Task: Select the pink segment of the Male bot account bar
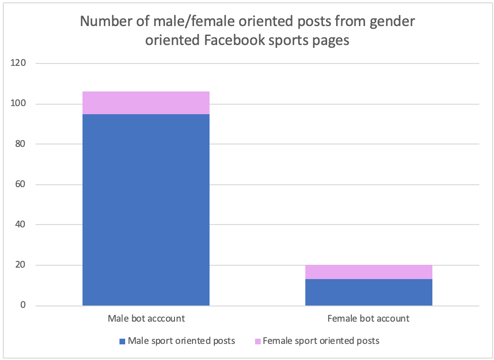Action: coord(146,103)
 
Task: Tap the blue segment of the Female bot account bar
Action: coord(368,292)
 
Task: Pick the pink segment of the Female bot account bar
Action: coord(368,272)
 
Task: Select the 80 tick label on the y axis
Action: coord(20,144)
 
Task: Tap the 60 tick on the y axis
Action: coord(20,184)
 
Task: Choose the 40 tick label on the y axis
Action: coord(20,225)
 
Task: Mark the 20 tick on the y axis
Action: coord(20,265)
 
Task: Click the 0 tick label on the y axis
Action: coord(23,306)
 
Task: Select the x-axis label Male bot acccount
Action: coord(146,318)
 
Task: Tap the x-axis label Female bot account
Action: coord(368,318)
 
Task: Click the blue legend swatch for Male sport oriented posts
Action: coord(122,341)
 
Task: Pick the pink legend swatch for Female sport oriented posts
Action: coord(257,341)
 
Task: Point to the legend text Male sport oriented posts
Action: coord(182,341)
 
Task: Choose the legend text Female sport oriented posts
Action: coord(321,341)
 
